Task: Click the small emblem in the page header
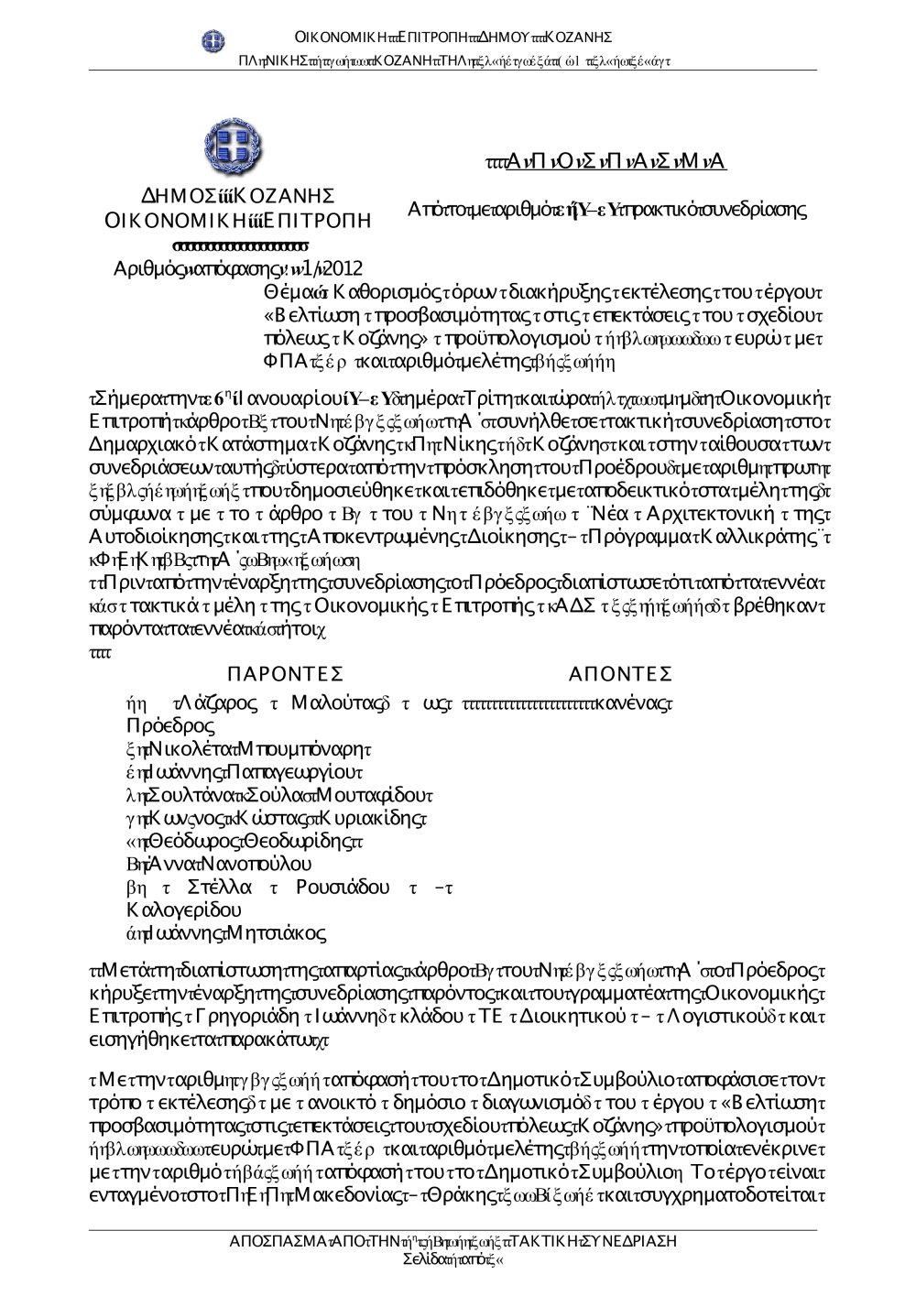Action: (213, 38)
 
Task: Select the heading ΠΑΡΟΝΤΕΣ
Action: (285, 675)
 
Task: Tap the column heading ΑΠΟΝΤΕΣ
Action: (621, 675)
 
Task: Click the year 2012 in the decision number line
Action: (343, 268)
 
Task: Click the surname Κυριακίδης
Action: (374, 818)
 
